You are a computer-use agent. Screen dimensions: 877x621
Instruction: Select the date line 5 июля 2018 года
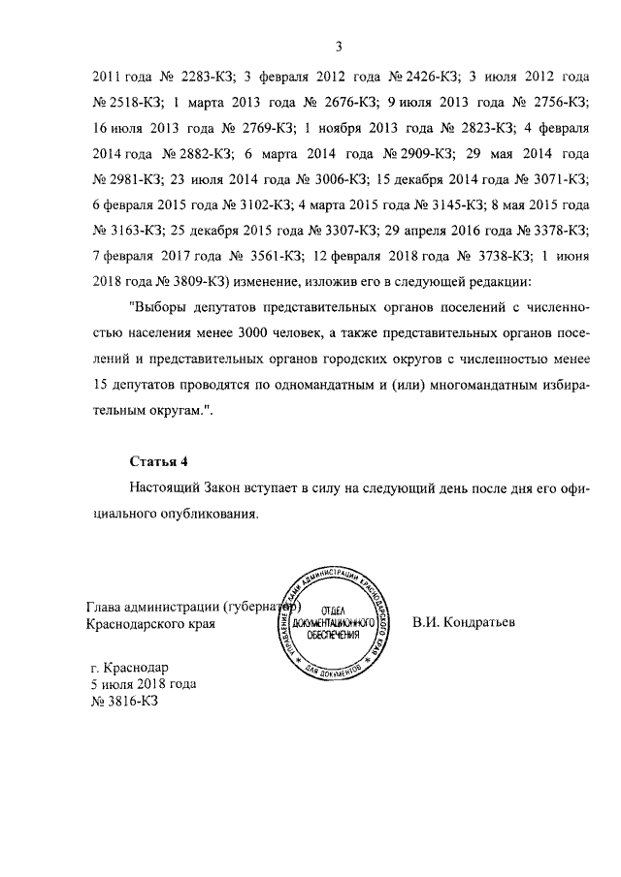pos(143,683)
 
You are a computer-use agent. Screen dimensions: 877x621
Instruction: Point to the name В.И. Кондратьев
pos(463,621)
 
